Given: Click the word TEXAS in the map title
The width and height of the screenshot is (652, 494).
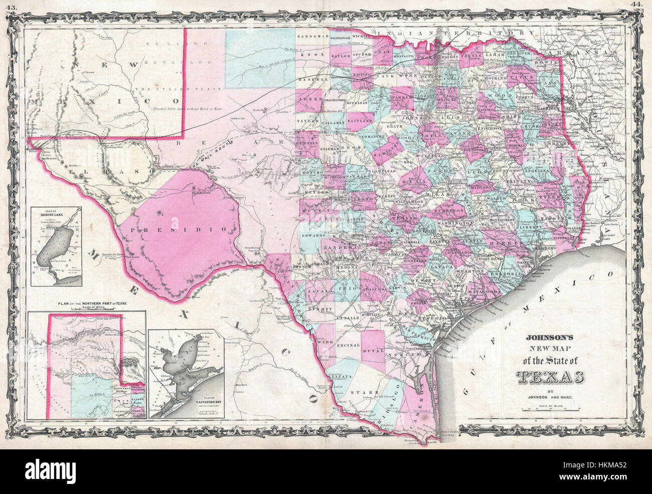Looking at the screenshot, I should pyautogui.click(x=549, y=376).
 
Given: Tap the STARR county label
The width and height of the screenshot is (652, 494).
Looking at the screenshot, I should pyautogui.click(x=360, y=392).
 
